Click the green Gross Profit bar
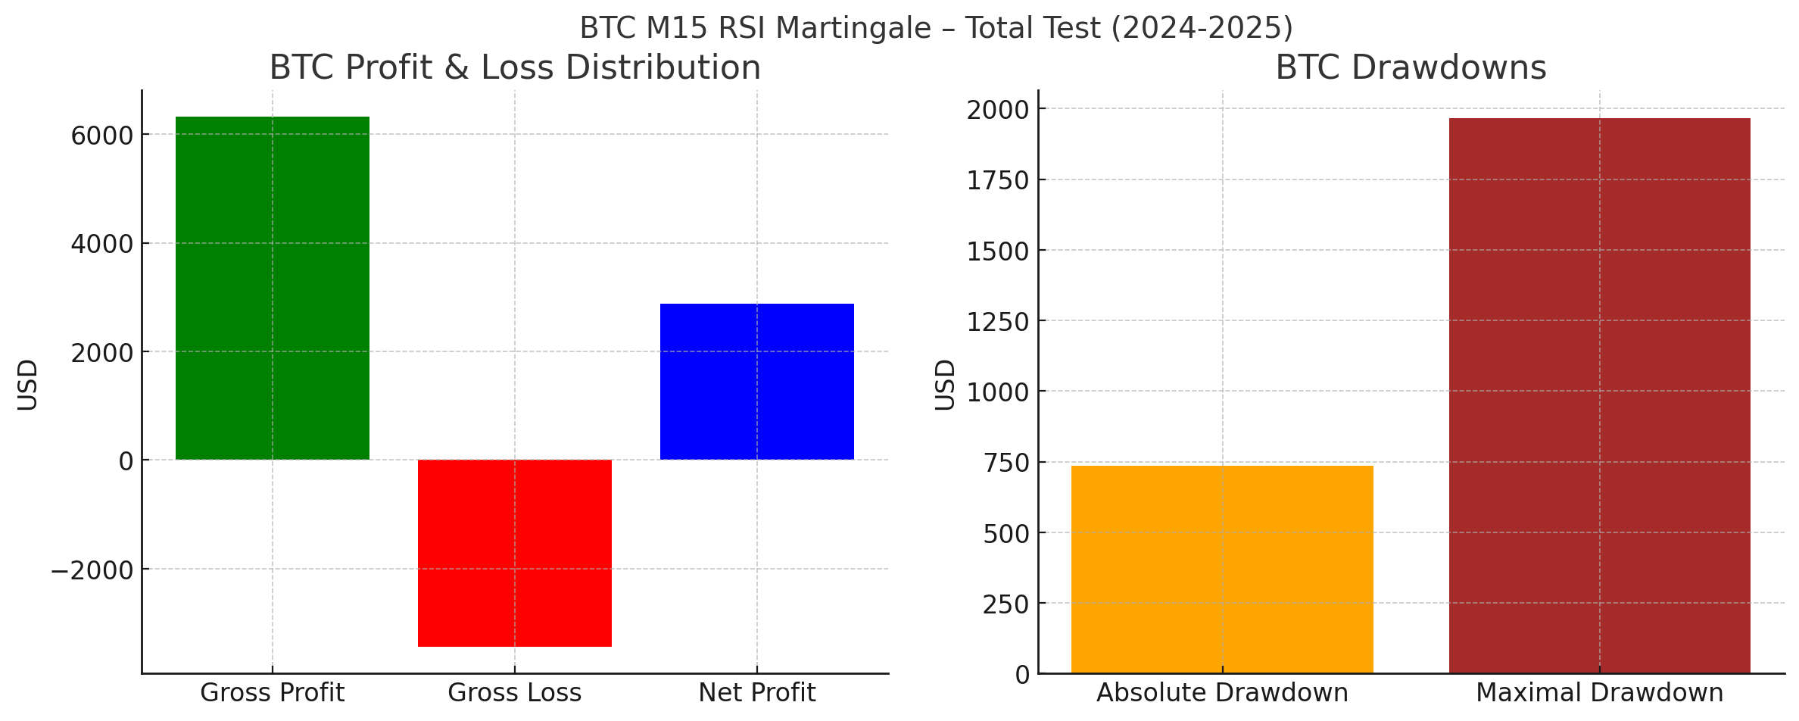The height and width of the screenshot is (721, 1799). [x=273, y=288]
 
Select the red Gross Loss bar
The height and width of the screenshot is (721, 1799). [x=515, y=553]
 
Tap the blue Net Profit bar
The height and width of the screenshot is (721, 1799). [x=757, y=382]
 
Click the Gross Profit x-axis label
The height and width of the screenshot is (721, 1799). [x=273, y=693]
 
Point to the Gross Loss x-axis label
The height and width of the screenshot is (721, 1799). [x=515, y=693]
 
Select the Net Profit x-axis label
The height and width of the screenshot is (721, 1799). [x=757, y=693]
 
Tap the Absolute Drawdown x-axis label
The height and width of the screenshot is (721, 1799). [x=1222, y=693]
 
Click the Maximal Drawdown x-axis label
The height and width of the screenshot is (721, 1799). [x=1599, y=693]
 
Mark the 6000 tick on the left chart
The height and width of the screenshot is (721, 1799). [x=101, y=136]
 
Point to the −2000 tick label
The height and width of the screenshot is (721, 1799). [x=92, y=570]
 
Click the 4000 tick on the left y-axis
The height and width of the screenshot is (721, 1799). [x=101, y=245]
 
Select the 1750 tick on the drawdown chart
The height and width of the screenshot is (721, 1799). [x=999, y=181]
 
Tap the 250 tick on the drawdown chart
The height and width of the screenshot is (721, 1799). [x=1006, y=604]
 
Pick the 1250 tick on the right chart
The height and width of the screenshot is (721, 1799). [x=999, y=322]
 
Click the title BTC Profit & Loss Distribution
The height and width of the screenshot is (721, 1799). [x=515, y=67]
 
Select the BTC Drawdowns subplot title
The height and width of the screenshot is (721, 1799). [x=1411, y=67]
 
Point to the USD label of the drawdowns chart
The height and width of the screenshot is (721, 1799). [x=945, y=384]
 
